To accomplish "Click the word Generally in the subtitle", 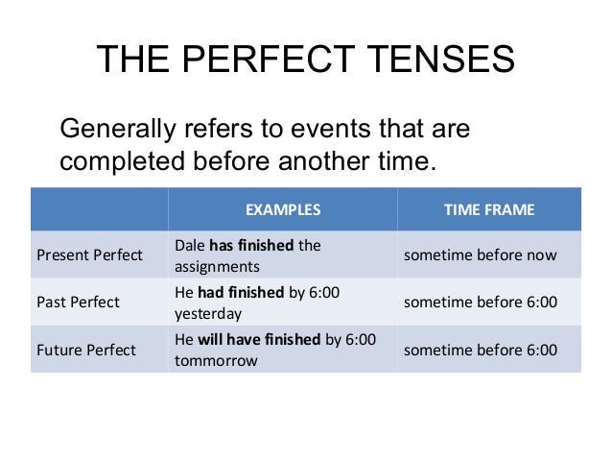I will coord(119,129).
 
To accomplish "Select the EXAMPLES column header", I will coord(282,208).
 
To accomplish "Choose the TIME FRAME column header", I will coord(488,208).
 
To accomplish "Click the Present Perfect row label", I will coord(89,254).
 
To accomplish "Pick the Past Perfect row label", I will coord(78,302).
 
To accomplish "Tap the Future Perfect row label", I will coord(85,350).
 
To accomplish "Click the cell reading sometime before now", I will coord(480,254).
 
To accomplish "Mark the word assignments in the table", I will coord(217,266).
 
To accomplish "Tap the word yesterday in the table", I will coord(208,313).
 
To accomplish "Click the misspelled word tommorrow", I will coord(216,361).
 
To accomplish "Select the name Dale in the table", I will coord(189,245).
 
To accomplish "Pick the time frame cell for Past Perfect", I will coord(480,302).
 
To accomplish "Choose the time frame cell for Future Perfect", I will coord(480,350).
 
